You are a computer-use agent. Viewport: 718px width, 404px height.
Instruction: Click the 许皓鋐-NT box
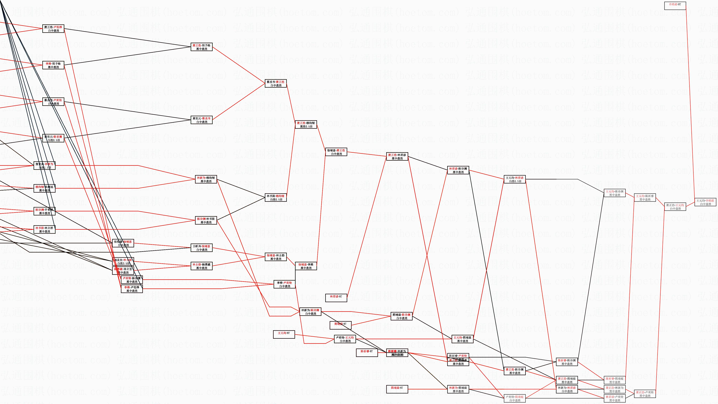click(675, 6)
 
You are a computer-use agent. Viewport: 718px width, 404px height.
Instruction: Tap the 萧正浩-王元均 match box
click(675, 207)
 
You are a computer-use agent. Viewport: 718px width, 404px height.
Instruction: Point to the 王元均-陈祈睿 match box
click(645, 198)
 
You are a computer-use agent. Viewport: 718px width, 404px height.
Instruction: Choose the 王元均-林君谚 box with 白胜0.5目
click(515, 179)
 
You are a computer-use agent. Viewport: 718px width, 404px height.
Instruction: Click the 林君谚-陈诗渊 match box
click(458, 170)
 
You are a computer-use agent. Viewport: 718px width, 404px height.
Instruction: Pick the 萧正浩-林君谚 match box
click(397, 156)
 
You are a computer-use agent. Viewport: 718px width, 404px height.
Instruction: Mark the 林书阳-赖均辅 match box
click(276, 198)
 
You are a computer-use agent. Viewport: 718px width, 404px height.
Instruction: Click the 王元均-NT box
click(284, 334)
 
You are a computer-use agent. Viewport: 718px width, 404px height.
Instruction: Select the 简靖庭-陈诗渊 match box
click(401, 316)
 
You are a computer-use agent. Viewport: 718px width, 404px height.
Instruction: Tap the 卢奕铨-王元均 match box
click(345, 339)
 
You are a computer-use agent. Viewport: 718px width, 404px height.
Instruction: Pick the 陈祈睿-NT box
click(367, 353)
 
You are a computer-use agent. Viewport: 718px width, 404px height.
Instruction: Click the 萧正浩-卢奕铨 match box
click(645, 394)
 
